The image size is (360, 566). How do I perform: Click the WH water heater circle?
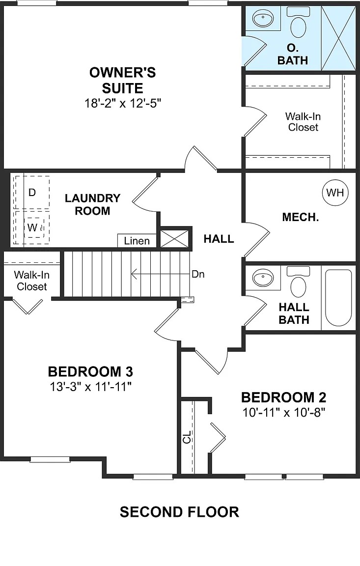(x=335, y=193)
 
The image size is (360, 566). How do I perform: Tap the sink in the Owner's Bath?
(x=263, y=20)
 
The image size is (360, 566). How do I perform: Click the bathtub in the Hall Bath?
(x=338, y=297)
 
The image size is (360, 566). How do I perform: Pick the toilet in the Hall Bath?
(x=298, y=282)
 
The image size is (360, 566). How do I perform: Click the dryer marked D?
(x=32, y=193)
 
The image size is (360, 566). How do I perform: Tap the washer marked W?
(x=32, y=227)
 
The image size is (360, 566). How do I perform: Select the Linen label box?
(x=137, y=241)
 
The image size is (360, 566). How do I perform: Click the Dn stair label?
(x=198, y=274)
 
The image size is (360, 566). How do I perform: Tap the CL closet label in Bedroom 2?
(x=187, y=437)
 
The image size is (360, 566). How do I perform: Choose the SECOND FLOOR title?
(x=179, y=512)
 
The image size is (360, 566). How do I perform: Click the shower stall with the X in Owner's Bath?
(x=338, y=35)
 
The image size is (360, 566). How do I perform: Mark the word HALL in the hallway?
(x=219, y=239)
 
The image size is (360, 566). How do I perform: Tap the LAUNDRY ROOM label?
(x=92, y=204)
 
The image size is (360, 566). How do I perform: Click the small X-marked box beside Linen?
(x=175, y=238)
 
